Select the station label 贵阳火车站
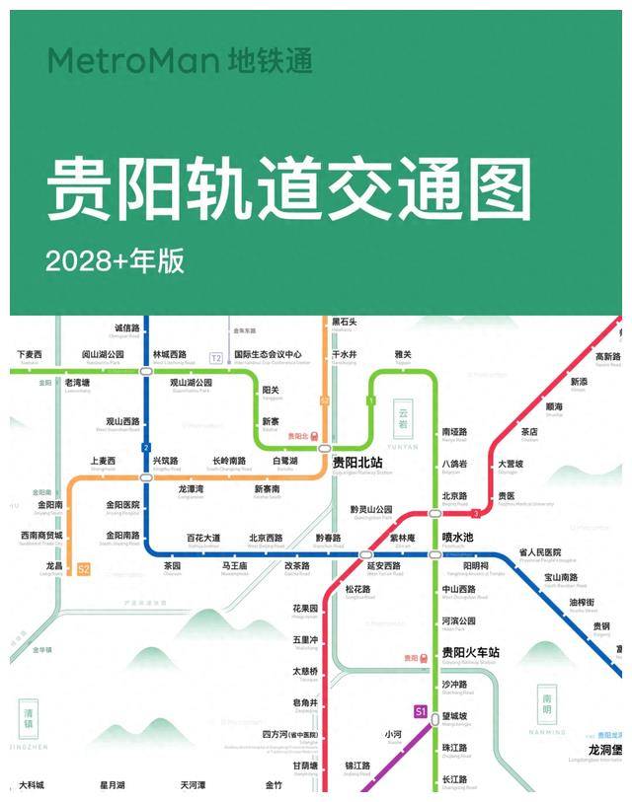point(470,652)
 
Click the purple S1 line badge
point(420,710)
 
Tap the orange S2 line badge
point(84,569)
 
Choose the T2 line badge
point(216,357)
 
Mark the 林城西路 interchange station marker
point(146,370)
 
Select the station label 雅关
point(403,354)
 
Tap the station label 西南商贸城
point(41,536)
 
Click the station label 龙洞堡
point(605,749)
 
